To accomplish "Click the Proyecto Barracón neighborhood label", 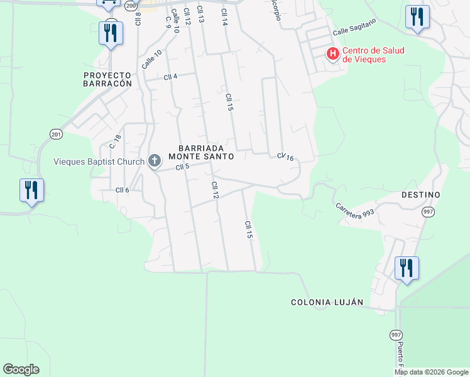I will tap(108, 79).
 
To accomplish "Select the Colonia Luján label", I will tap(327, 302).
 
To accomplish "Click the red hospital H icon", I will tap(332, 55).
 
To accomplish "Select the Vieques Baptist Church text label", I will tap(99, 162).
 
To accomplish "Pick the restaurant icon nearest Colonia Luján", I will tap(407, 268).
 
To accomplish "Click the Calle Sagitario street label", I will tap(354, 27).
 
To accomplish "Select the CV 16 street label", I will tap(285, 157).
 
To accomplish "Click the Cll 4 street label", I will tap(170, 77).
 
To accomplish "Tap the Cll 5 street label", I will tap(182, 167).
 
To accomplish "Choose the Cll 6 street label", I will tap(122, 190).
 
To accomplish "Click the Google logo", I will tap(21, 369).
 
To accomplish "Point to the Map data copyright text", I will tap(431, 372).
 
